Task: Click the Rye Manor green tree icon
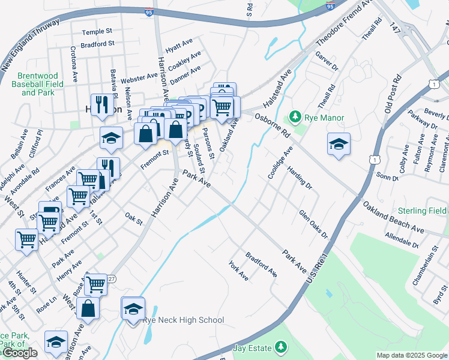click(x=295, y=116)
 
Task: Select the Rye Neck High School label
click(x=183, y=320)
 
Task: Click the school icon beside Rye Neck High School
click(x=133, y=309)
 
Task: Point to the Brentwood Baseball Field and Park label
click(x=38, y=85)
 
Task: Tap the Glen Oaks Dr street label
click(x=313, y=224)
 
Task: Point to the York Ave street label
click(x=238, y=271)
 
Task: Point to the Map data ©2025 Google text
click(x=412, y=355)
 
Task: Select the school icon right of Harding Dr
click(x=339, y=145)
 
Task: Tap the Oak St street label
click(x=134, y=219)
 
